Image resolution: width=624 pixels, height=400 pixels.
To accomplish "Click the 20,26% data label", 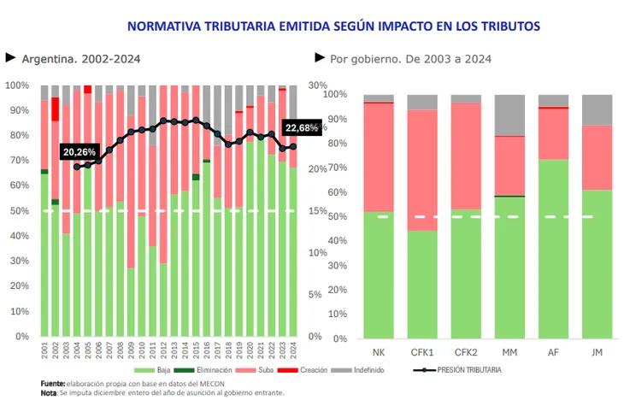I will coord(79,151).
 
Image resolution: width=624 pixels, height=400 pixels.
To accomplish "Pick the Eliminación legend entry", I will coord(212,370).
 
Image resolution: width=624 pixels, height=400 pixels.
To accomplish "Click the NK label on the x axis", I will coord(378,351).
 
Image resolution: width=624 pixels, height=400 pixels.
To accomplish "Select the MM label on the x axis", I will coord(509,351).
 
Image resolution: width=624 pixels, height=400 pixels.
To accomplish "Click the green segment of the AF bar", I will coord(553,248).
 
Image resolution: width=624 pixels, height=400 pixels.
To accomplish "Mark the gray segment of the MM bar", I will coord(509,115).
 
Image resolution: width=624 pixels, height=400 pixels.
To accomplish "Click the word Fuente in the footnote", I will coord(54,383).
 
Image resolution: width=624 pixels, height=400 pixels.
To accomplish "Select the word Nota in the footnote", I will coord(49,392).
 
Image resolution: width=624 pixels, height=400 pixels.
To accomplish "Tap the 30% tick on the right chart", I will coord(317,85).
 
